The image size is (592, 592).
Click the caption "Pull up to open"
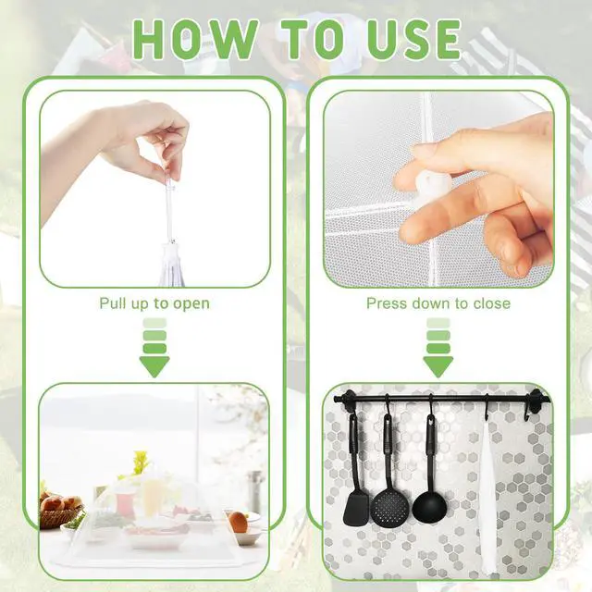(154, 304)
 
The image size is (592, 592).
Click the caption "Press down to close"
(438, 303)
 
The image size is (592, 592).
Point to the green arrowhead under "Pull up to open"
(154, 366)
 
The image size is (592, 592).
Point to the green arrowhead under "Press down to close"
(438, 366)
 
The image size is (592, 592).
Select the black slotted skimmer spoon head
(390, 506)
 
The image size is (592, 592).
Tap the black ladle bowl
(429, 505)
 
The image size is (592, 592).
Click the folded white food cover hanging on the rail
(488, 491)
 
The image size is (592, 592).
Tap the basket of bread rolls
(59, 510)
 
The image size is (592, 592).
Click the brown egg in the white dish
(239, 522)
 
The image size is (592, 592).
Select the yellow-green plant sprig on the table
(141, 462)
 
